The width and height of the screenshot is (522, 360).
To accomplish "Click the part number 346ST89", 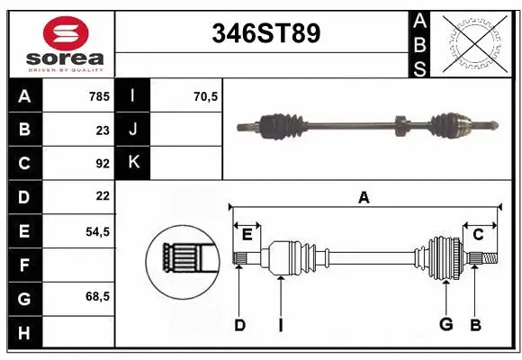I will pos(265,33).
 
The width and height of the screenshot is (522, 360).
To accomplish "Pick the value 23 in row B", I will pos(103,130).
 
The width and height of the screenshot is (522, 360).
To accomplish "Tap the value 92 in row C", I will pos(103,163).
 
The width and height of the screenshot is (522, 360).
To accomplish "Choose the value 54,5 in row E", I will pos(97,231).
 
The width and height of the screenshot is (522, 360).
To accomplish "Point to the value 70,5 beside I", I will pos(206,95).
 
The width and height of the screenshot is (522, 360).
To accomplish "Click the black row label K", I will pos(133,163).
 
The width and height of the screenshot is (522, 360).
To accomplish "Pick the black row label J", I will pos(133,130).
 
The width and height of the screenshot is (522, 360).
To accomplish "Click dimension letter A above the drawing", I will pos(364,198).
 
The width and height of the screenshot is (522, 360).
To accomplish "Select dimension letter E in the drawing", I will pos(247,235).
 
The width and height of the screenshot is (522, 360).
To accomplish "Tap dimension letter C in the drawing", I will pos(479,235).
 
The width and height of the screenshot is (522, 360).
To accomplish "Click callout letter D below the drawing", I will pos(239,325).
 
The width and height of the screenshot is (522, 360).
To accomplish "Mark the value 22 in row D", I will pos(103,196).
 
